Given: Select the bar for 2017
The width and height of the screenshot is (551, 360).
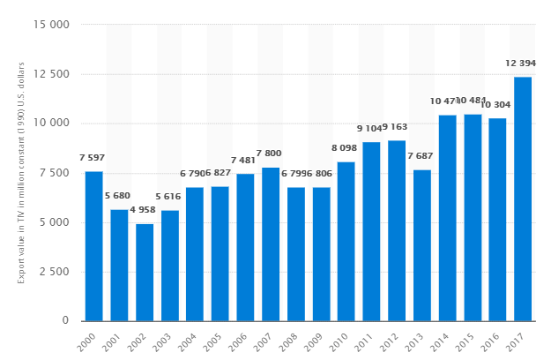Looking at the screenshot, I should point(523,199).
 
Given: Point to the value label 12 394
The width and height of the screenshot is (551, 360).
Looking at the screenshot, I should point(523,64).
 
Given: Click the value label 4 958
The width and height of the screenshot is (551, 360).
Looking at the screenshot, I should point(145,211).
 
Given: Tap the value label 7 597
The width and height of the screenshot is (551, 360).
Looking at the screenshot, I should point(93,158).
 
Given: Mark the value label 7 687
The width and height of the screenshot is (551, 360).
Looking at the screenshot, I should point(422,157).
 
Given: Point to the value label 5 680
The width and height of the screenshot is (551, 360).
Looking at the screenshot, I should point(119,196).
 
